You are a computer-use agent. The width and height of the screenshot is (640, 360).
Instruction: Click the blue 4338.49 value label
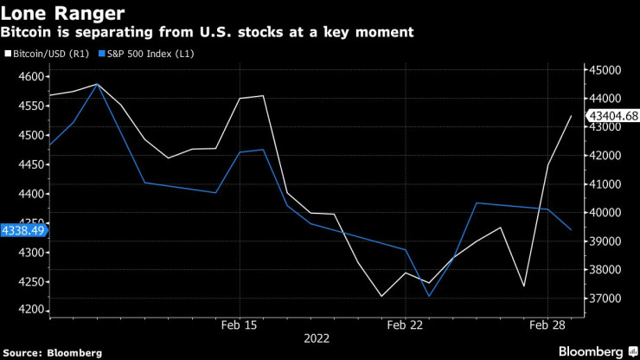pos(23,230)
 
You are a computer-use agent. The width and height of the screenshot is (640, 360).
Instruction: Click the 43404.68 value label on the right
pos(613,115)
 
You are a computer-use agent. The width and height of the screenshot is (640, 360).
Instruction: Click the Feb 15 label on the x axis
pos(240,325)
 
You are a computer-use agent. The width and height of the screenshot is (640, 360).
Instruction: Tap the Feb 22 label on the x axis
pos(405,325)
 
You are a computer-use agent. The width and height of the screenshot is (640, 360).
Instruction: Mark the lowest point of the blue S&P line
pos(429,296)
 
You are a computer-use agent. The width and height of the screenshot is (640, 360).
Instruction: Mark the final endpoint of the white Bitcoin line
pos(570,115)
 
